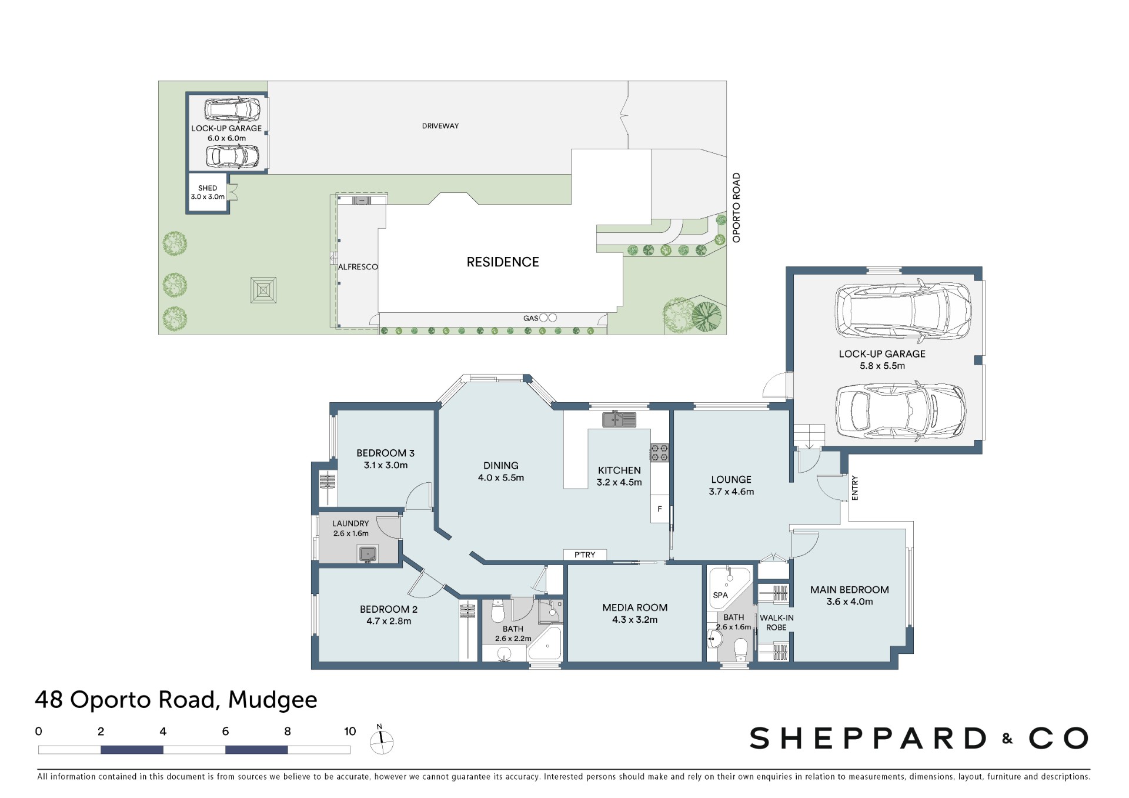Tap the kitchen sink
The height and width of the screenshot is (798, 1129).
point(619,420)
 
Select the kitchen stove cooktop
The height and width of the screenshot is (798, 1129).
point(659,452)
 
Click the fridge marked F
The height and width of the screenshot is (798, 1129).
point(660,509)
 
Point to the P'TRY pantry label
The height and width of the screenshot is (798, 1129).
point(585,555)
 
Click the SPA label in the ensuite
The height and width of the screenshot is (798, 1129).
point(720,595)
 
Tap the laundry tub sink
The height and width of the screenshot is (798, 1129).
point(368,553)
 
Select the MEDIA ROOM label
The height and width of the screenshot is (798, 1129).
point(635,607)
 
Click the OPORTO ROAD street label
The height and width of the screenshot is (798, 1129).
point(736,208)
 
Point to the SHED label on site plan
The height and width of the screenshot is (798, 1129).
point(208,188)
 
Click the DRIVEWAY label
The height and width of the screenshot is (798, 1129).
point(440,126)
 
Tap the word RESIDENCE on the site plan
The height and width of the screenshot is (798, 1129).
point(503,262)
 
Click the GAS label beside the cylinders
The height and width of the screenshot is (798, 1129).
point(530,318)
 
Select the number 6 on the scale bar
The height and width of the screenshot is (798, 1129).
point(225,732)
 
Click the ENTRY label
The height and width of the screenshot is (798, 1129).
point(855,488)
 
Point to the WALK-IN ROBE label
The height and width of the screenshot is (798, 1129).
point(777,623)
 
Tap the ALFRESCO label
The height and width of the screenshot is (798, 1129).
point(358,267)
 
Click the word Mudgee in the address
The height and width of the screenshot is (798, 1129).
point(273,700)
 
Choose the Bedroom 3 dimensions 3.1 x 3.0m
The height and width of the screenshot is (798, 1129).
point(386,465)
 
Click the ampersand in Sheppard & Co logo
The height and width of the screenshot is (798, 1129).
point(1008,739)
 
